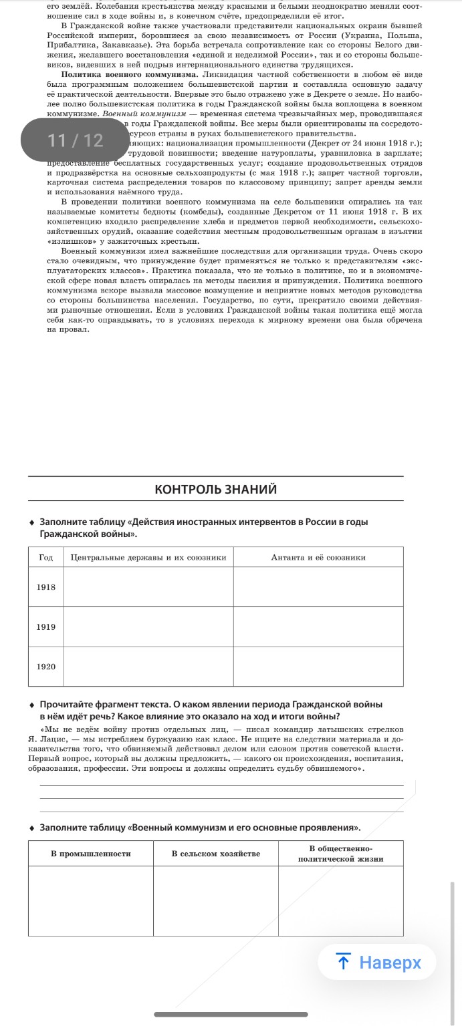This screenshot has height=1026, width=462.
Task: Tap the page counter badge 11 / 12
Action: (x=76, y=140)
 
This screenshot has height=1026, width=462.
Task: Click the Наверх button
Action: (x=377, y=962)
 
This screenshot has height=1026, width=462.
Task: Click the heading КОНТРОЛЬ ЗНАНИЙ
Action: (x=215, y=490)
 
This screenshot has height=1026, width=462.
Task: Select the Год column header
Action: (x=45, y=557)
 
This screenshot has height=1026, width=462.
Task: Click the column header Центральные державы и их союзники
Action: (x=148, y=557)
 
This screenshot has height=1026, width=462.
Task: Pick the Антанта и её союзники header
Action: (x=318, y=557)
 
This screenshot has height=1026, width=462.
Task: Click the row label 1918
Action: (x=45, y=587)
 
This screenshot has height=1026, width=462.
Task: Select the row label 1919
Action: (x=45, y=627)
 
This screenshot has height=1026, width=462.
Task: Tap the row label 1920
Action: (x=45, y=667)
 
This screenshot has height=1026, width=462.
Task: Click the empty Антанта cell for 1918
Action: (x=318, y=587)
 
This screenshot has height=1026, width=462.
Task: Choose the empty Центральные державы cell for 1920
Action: (x=148, y=667)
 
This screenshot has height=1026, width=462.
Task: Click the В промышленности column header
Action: (x=91, y=854)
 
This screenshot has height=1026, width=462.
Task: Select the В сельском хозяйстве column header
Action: (x=215, y=854)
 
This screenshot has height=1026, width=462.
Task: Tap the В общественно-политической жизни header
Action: (x=340, y=854)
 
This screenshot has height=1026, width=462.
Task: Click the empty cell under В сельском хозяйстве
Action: (x=215, y=901)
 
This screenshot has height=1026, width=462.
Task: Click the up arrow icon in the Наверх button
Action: (x=344, y=963)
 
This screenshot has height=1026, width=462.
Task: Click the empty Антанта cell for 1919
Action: (x=318, y=627)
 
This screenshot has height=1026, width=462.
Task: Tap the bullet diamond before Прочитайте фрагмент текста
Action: (x=32, y=705)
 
